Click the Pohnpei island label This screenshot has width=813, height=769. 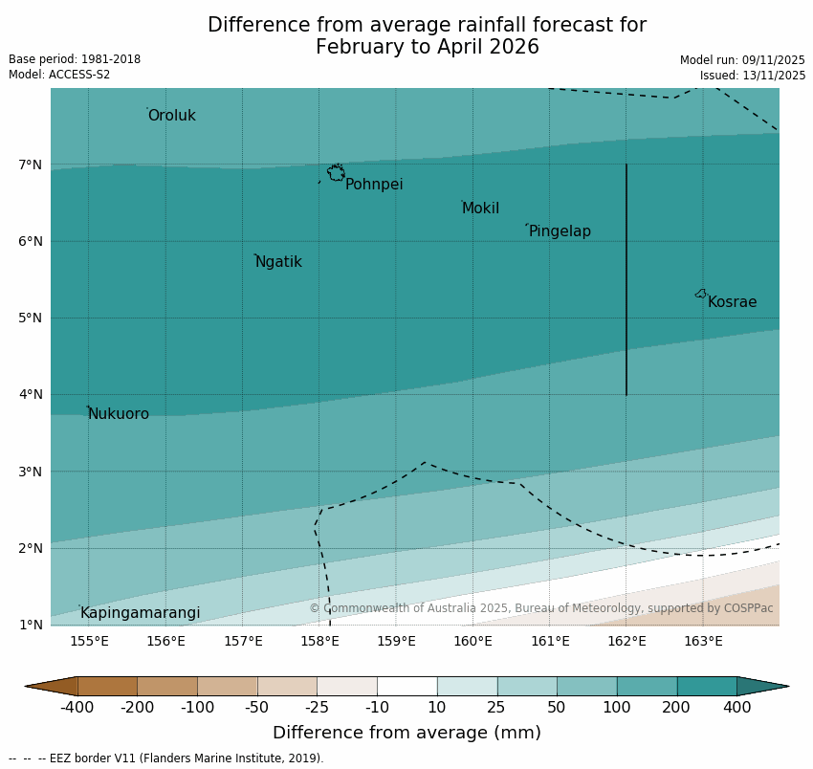point(374,185)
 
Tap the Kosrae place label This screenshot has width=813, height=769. point(732,302)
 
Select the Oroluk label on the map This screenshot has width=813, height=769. point(172,116)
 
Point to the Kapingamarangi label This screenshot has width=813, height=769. point(141,613)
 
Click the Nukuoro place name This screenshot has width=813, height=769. point(119,414)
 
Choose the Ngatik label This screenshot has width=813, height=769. point(278,262)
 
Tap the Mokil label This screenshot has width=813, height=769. point(480,209)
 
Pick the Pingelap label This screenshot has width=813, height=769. point(560,231)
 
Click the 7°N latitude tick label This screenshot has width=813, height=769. point(31,165)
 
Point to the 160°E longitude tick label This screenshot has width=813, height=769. point(472,641)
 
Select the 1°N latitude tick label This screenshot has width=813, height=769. point(31,625)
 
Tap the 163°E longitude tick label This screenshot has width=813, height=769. point(703,641)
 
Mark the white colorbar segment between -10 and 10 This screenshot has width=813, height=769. point(406,686)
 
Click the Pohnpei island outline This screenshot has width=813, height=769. point(336,173)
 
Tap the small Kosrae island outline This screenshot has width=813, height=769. point(701,294)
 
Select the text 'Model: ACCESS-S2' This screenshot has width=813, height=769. point(59,75)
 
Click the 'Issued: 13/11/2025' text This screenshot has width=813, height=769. point(752,75)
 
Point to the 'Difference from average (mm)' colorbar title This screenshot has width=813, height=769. point(406,734)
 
